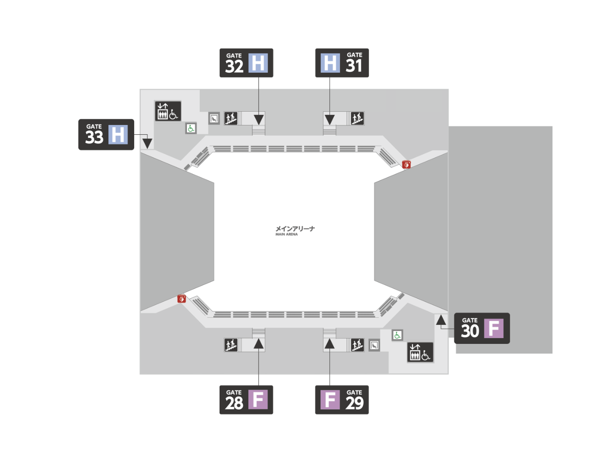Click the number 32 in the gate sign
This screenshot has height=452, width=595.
coord(234,66)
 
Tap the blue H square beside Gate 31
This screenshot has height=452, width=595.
coord(330,63)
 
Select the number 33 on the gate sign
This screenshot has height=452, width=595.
coord(94,137)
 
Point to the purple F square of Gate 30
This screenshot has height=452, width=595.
coord(494,328)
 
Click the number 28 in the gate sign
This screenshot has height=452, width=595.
coord(234,403)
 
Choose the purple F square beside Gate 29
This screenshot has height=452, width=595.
coord(330,400)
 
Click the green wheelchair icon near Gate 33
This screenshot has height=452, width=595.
coord(191,129)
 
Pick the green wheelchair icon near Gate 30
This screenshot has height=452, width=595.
coord(398,335)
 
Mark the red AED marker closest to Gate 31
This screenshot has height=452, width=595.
coord(406,164)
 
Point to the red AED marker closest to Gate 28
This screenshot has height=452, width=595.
coord(182,299)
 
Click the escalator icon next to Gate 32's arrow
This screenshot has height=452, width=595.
coord(231,118)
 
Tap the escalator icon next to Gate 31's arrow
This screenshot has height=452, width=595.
coord(357,118)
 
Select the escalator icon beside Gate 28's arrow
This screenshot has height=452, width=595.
coord(231,345)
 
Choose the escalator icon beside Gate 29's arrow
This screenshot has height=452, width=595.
coord(357,345)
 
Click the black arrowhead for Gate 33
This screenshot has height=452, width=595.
coord(147,143)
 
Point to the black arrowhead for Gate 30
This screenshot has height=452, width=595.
coord(441,320)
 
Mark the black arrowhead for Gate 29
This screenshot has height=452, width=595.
coord(329,344)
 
